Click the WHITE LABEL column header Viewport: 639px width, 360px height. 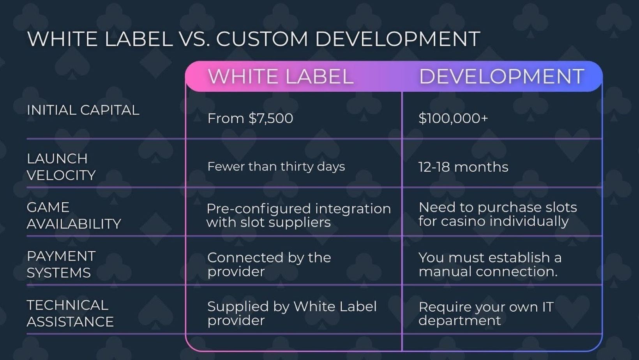point(281,76)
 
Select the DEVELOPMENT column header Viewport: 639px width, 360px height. point(501,76)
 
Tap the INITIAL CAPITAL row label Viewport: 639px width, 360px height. point(83,110)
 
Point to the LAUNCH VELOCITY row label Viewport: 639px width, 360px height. point(61,167)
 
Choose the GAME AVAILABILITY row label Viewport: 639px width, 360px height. point(74,216)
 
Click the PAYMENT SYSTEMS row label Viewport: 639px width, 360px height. point(61,265)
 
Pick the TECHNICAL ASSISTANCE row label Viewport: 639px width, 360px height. point(70,313)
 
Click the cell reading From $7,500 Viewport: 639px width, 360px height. point(250,118)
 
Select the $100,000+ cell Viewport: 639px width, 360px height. point(453,118)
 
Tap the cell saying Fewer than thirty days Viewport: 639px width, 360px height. point(276,167)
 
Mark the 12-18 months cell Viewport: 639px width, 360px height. point(463,167)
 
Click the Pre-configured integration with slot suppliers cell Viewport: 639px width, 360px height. point(299,215)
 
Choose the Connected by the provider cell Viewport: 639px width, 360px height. point(269,265)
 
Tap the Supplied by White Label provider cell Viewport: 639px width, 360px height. point(292,313)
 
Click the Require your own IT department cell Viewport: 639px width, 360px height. point(486,313)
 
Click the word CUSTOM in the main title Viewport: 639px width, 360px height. point(262,39)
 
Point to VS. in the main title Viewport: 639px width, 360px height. point(196,39)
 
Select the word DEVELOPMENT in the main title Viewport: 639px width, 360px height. point(398,39)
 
